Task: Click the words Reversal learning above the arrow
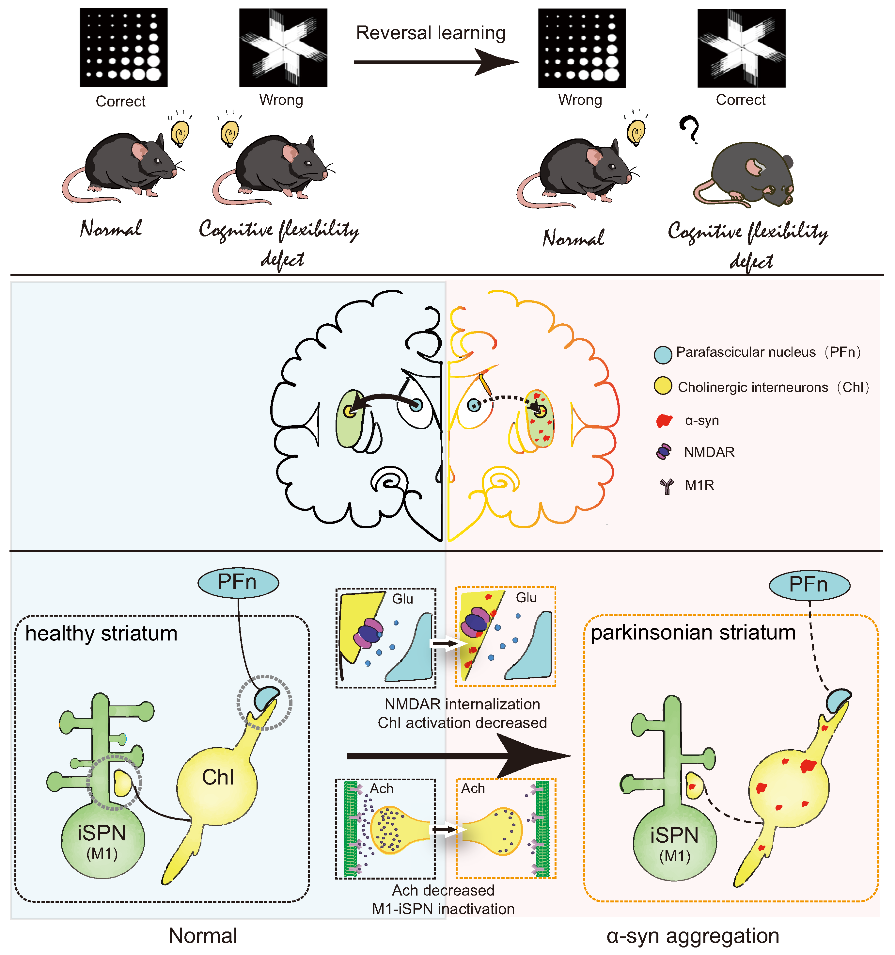(x=431, y=33)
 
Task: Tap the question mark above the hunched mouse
(x=689, y=129)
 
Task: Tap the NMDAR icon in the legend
(x=664, y=452)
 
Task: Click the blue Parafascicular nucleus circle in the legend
(x=663, y=354)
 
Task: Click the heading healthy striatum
(x=101, y=634)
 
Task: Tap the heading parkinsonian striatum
(x=693, y=633)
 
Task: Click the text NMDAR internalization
(x=462, y=704)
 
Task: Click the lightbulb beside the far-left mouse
(x=181, y=133)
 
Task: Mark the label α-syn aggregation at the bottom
(x=692, y=936)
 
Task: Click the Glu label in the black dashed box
(x=402, y=599)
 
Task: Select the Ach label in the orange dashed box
(x=473, y=788)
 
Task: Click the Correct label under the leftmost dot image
(x=120, y=101)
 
